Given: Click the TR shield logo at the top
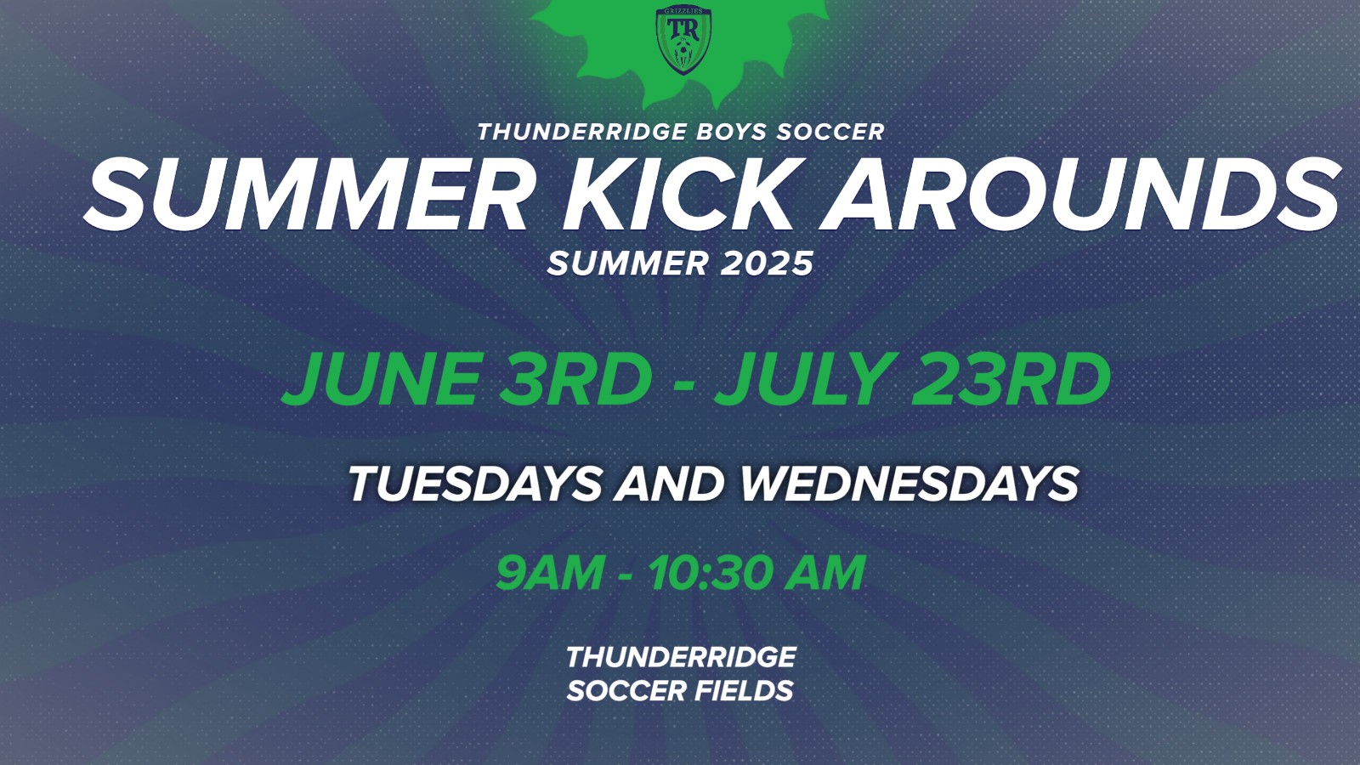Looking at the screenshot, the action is [x=683, y=40].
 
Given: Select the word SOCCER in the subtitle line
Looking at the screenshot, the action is [x=830, y=132].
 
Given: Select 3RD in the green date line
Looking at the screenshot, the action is [x=576, y=379].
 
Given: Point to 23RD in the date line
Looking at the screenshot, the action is [x=1011, y=379].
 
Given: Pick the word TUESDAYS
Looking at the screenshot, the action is [x=475, y=484].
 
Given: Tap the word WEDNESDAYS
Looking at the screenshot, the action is [x=909, y=484].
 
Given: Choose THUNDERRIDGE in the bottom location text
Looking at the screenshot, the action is [x=681, y=658].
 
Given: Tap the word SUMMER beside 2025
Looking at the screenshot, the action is [x=628, y=263].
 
